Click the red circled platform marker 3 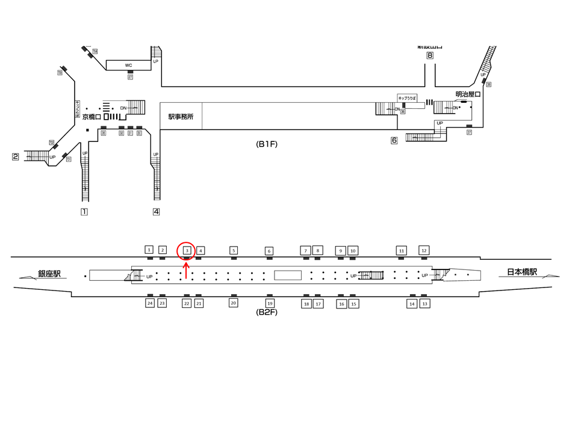187,250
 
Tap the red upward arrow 187,270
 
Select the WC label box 128,65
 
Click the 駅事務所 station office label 181,117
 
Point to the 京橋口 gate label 93,117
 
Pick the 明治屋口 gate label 468,94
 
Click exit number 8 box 430,56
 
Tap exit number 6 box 394,141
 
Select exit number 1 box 84,212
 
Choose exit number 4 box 156,212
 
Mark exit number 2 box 16,158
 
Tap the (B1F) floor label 267,144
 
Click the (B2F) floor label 267,312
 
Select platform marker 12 424,250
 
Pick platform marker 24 149,304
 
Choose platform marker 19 270,304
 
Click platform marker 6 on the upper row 269,251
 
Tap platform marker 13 424,304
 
